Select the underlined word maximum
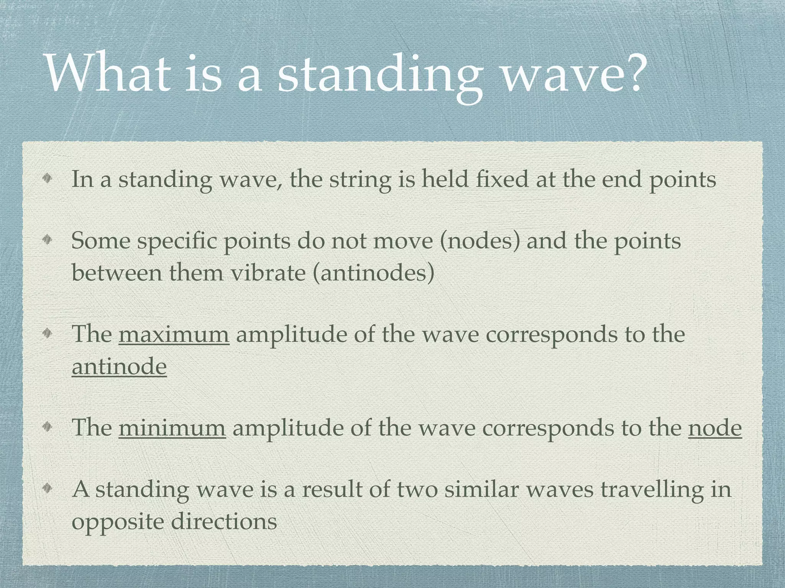point(174,334)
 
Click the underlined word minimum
point(172,427)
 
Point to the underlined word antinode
point(119,366)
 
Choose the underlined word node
point(715,427)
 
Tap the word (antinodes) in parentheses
point(374,273)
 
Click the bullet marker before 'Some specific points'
point(47,240)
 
